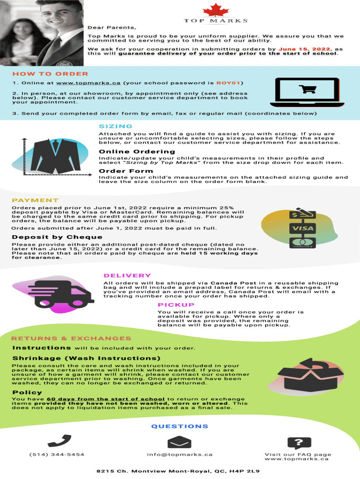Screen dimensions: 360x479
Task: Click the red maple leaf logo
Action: click(x=216, y=10)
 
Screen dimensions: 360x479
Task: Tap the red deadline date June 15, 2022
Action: click(x=304, y=49)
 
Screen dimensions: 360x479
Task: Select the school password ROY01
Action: click(x=228, y=83)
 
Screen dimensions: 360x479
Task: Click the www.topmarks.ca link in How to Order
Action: click(x=88, y=83)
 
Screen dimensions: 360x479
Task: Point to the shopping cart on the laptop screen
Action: click(x=308, y=89)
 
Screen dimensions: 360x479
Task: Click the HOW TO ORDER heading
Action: click(x=50, y=74)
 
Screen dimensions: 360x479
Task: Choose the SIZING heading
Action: click(x=116, y=126)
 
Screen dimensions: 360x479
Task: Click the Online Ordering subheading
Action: click(x=137, y=152)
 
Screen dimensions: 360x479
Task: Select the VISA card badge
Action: click(x=302, y=228)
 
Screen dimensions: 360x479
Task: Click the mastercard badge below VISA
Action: click(x=302, y=243)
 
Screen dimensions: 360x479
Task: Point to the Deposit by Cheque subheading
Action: click(x=57, y=237)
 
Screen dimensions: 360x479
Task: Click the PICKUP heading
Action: click(x=176, y=305)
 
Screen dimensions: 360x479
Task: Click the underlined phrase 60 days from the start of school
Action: click(x=106, y=399)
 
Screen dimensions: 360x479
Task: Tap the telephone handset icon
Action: click(x=59, y=441)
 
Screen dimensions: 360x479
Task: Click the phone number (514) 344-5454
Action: click(x=57, y=455)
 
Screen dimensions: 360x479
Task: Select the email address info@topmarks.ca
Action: click(x=180, y=455)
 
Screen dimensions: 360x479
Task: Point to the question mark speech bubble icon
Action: click(x=299, y=443)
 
